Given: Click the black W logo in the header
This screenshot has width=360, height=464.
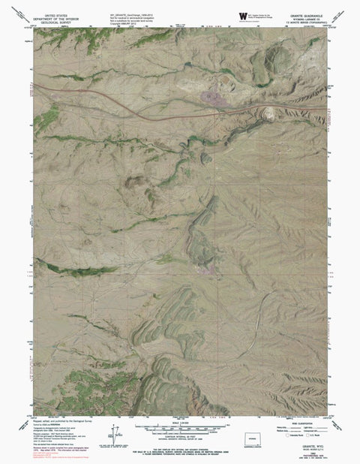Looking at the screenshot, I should [242, 15].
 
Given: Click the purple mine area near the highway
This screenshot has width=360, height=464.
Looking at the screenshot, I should [212, 94].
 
